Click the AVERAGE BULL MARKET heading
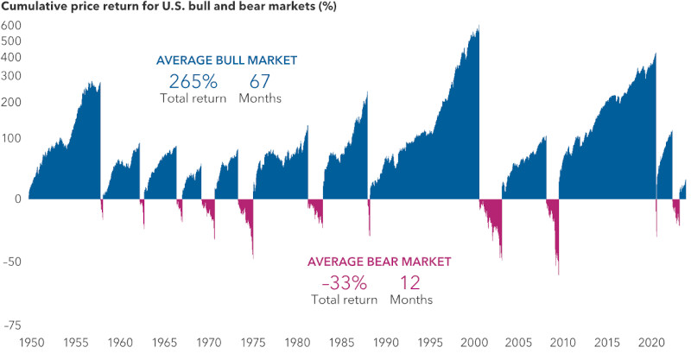pos(226,60)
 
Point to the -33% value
pos(344,282)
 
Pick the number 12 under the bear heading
pos(411,282)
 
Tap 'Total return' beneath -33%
pos(344,300)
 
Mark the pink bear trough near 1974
pos(253,256)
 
